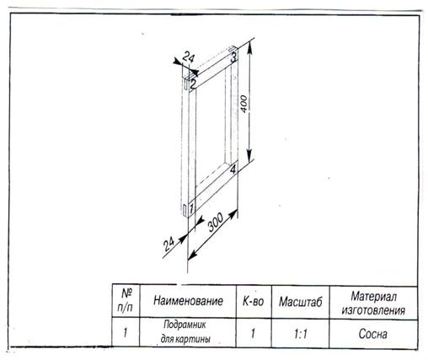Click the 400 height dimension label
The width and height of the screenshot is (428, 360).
pos(243,104)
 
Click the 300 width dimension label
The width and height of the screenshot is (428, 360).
pos(216,222)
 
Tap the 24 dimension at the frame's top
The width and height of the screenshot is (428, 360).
pos(188,57)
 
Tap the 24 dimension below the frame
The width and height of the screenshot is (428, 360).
pos(169,244)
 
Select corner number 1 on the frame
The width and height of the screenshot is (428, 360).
pos(191,208)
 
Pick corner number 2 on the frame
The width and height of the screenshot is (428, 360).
pos(192,84)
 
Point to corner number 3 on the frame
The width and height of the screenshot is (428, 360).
pos(233,57)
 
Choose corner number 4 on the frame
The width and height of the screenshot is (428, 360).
pos(233,169)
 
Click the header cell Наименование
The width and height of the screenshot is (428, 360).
pos(188,301)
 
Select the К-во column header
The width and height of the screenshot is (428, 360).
pos(254,301)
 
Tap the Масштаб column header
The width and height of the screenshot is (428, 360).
pos(300,302)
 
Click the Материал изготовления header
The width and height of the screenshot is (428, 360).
pos(373,304)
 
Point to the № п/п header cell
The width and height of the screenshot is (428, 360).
pos(126,301)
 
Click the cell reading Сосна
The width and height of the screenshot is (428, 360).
pos(373,334)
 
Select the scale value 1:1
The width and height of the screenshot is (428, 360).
pos(301,334)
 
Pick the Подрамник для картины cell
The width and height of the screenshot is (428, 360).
pos(185,332)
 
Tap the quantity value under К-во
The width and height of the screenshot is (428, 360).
pos(253,334)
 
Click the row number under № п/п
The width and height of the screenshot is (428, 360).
pos(126,333)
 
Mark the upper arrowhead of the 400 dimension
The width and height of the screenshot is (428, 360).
pos(249,49)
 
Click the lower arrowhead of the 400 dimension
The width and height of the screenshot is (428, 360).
pos(249,156)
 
